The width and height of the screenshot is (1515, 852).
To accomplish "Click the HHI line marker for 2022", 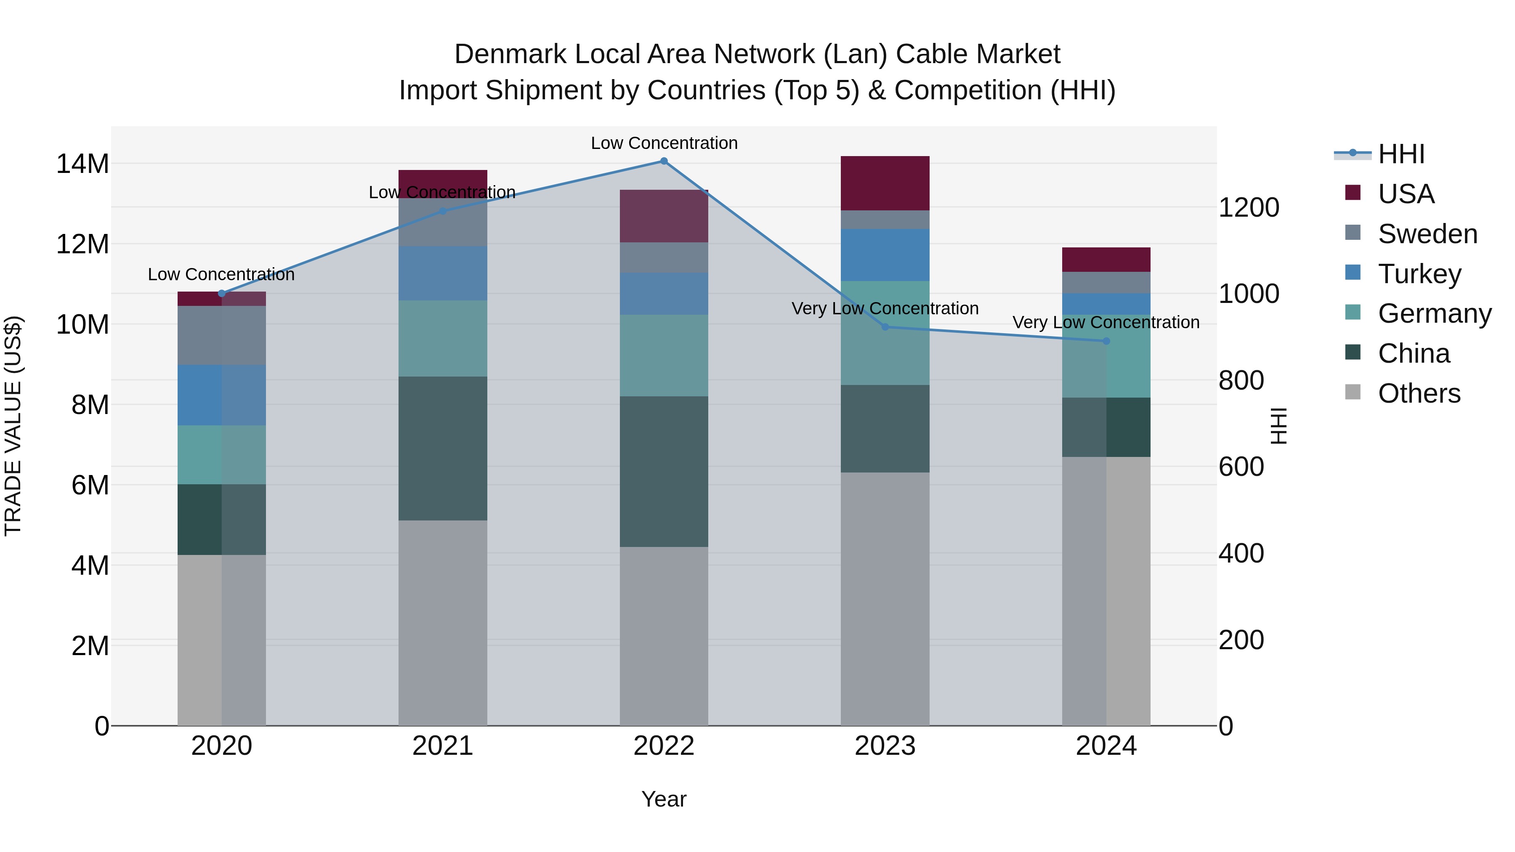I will [664, 161].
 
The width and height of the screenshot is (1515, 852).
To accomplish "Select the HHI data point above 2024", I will [1106, 341].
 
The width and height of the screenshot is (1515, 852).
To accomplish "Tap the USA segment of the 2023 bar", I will [885, 183].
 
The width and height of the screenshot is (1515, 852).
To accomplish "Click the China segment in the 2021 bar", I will [443, 448].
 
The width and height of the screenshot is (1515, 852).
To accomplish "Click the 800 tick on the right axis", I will [1241, 380].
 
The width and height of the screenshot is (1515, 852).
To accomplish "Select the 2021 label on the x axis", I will [443, 746].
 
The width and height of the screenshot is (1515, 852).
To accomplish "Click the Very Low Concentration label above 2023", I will [885, 309].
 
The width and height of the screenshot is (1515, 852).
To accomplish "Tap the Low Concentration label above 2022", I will [664, 143].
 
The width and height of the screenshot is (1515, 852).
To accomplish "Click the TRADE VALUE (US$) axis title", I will [13, 426].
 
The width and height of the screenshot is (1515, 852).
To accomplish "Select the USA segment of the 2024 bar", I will [1106, 259].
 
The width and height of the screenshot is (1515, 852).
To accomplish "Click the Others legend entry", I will [1419, 393].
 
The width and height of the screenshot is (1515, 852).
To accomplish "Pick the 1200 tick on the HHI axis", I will [1249, 207].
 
